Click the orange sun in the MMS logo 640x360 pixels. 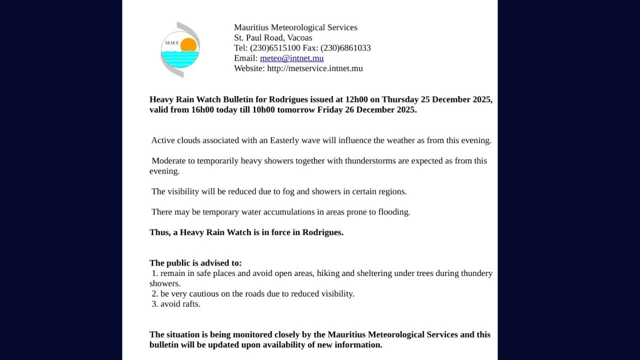pos(188,45)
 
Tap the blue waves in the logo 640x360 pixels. pos(180,59)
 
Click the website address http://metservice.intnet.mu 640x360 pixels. pos(315,68)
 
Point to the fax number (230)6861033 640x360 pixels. pos(345,48)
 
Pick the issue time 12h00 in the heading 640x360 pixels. pos(356,99)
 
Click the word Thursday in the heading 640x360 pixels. pos(400,99)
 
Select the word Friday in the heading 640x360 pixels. pos(330,109)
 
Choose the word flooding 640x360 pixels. pos(394,212)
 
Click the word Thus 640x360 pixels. pos(159,232)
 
